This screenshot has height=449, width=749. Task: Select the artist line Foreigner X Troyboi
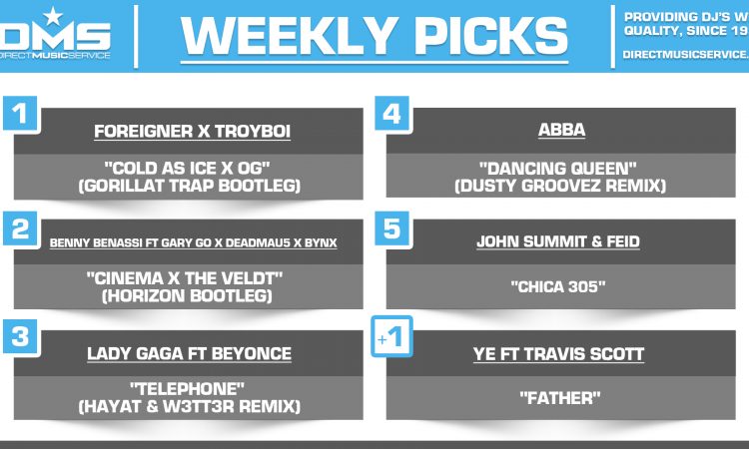coord(193,131)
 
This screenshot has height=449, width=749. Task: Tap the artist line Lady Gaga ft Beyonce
coord(193,353)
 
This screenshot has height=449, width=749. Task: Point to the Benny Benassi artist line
coord(193,242)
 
